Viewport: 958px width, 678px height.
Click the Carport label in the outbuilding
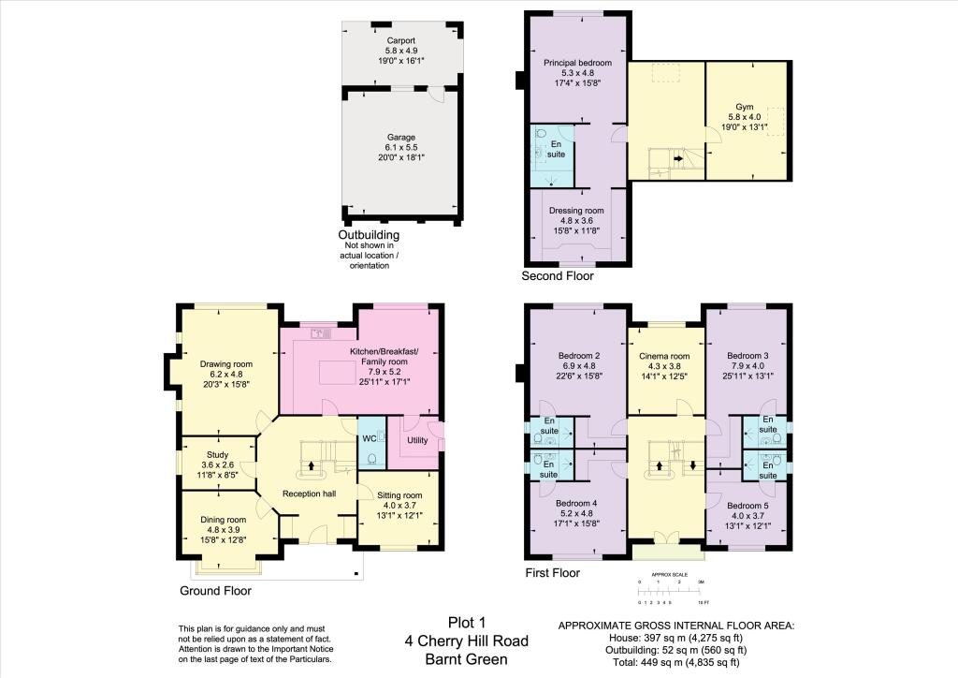(x=400, y=40)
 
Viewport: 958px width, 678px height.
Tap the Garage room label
(x=400, y=138)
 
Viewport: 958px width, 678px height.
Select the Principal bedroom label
(x=577, y=63)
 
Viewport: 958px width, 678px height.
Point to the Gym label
(x=744, y=107)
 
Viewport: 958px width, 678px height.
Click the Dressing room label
(x=576, y=211)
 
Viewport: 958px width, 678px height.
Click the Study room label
(x=217, y=454)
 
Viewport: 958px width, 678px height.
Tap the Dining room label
(x=223, y=520)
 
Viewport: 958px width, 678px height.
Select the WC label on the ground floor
(x=369, y=439)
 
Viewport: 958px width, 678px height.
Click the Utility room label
(x=417, y=439)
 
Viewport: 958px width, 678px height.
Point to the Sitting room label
(x=399, y=495)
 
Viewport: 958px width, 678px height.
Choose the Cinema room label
(x=664, y=356)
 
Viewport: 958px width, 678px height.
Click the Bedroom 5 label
(x=748, y=506)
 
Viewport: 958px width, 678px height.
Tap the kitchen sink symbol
(x=321, y=333)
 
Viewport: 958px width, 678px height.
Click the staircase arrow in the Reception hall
(x=311, y=465)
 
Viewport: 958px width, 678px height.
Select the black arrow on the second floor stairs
(x=678, y=158)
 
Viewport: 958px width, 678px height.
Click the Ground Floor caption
(x=216, y=591)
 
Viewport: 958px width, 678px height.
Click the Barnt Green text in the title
(x=466, y=659)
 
